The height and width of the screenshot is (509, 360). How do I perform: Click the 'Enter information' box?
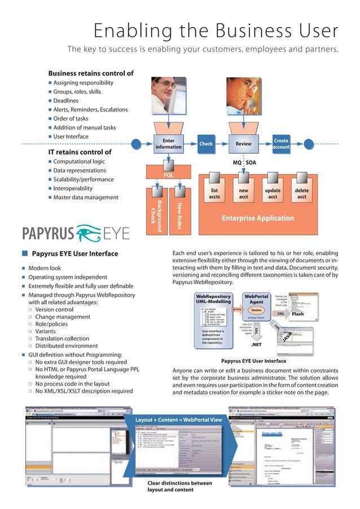tap(168, 143)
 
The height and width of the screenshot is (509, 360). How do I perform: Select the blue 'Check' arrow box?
tap(206, 144)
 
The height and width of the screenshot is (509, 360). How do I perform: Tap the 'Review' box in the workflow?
tap(243, 144)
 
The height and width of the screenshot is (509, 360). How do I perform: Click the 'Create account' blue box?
tap(280, 144)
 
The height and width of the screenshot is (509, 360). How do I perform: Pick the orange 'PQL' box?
tap(168, 175)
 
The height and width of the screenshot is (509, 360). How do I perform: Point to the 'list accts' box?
tap(214, 194)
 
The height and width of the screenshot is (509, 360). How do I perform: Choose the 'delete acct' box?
tap(302, 194)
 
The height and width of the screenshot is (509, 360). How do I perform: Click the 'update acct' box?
tap(273, 194)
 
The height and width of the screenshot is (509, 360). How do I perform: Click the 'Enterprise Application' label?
tap(257, 218)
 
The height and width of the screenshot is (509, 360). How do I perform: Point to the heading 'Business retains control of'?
tap(91, 73)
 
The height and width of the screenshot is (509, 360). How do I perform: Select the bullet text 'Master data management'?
tap(86, 198)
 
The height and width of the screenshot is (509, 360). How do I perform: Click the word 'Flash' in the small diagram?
tap(298, 314)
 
